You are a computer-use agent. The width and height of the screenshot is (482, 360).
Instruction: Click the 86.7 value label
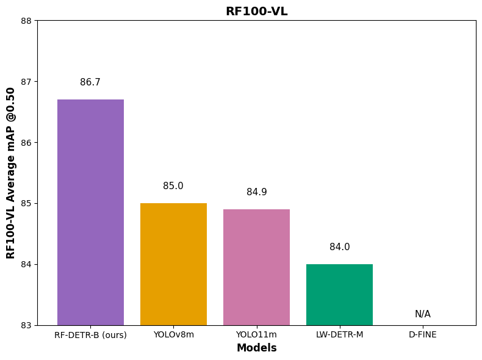tap(90, 82)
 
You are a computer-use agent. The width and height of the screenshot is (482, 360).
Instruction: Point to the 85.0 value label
tap(173, 186)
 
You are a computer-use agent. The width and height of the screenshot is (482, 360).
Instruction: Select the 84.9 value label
tap(256, 192)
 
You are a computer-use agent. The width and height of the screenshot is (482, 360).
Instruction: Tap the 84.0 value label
tap(339, 247)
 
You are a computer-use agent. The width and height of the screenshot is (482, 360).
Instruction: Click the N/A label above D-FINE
tap(423, 314)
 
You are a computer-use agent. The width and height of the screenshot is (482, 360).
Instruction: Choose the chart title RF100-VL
tap(256, 12)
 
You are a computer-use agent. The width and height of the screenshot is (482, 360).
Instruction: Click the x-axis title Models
tap(256, 348)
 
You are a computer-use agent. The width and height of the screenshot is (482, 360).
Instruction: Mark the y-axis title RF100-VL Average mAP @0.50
tap(11, 173)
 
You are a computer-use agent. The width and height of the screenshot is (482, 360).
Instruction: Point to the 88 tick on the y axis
tap(26, 21)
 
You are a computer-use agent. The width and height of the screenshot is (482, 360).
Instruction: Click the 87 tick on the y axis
tap(26, 82)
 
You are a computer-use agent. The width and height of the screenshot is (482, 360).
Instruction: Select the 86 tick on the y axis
tap(26, 143)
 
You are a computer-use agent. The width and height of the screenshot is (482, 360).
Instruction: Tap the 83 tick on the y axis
tap(26, 325)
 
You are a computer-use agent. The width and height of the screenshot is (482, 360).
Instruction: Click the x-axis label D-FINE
tap(423, 334)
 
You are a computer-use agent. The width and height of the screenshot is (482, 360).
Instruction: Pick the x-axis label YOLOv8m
tap(173, 334)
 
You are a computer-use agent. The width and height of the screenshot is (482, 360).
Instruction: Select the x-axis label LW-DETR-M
tap(339, 334)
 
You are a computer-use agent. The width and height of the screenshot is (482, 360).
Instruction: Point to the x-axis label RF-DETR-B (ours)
tap(90, 335)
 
